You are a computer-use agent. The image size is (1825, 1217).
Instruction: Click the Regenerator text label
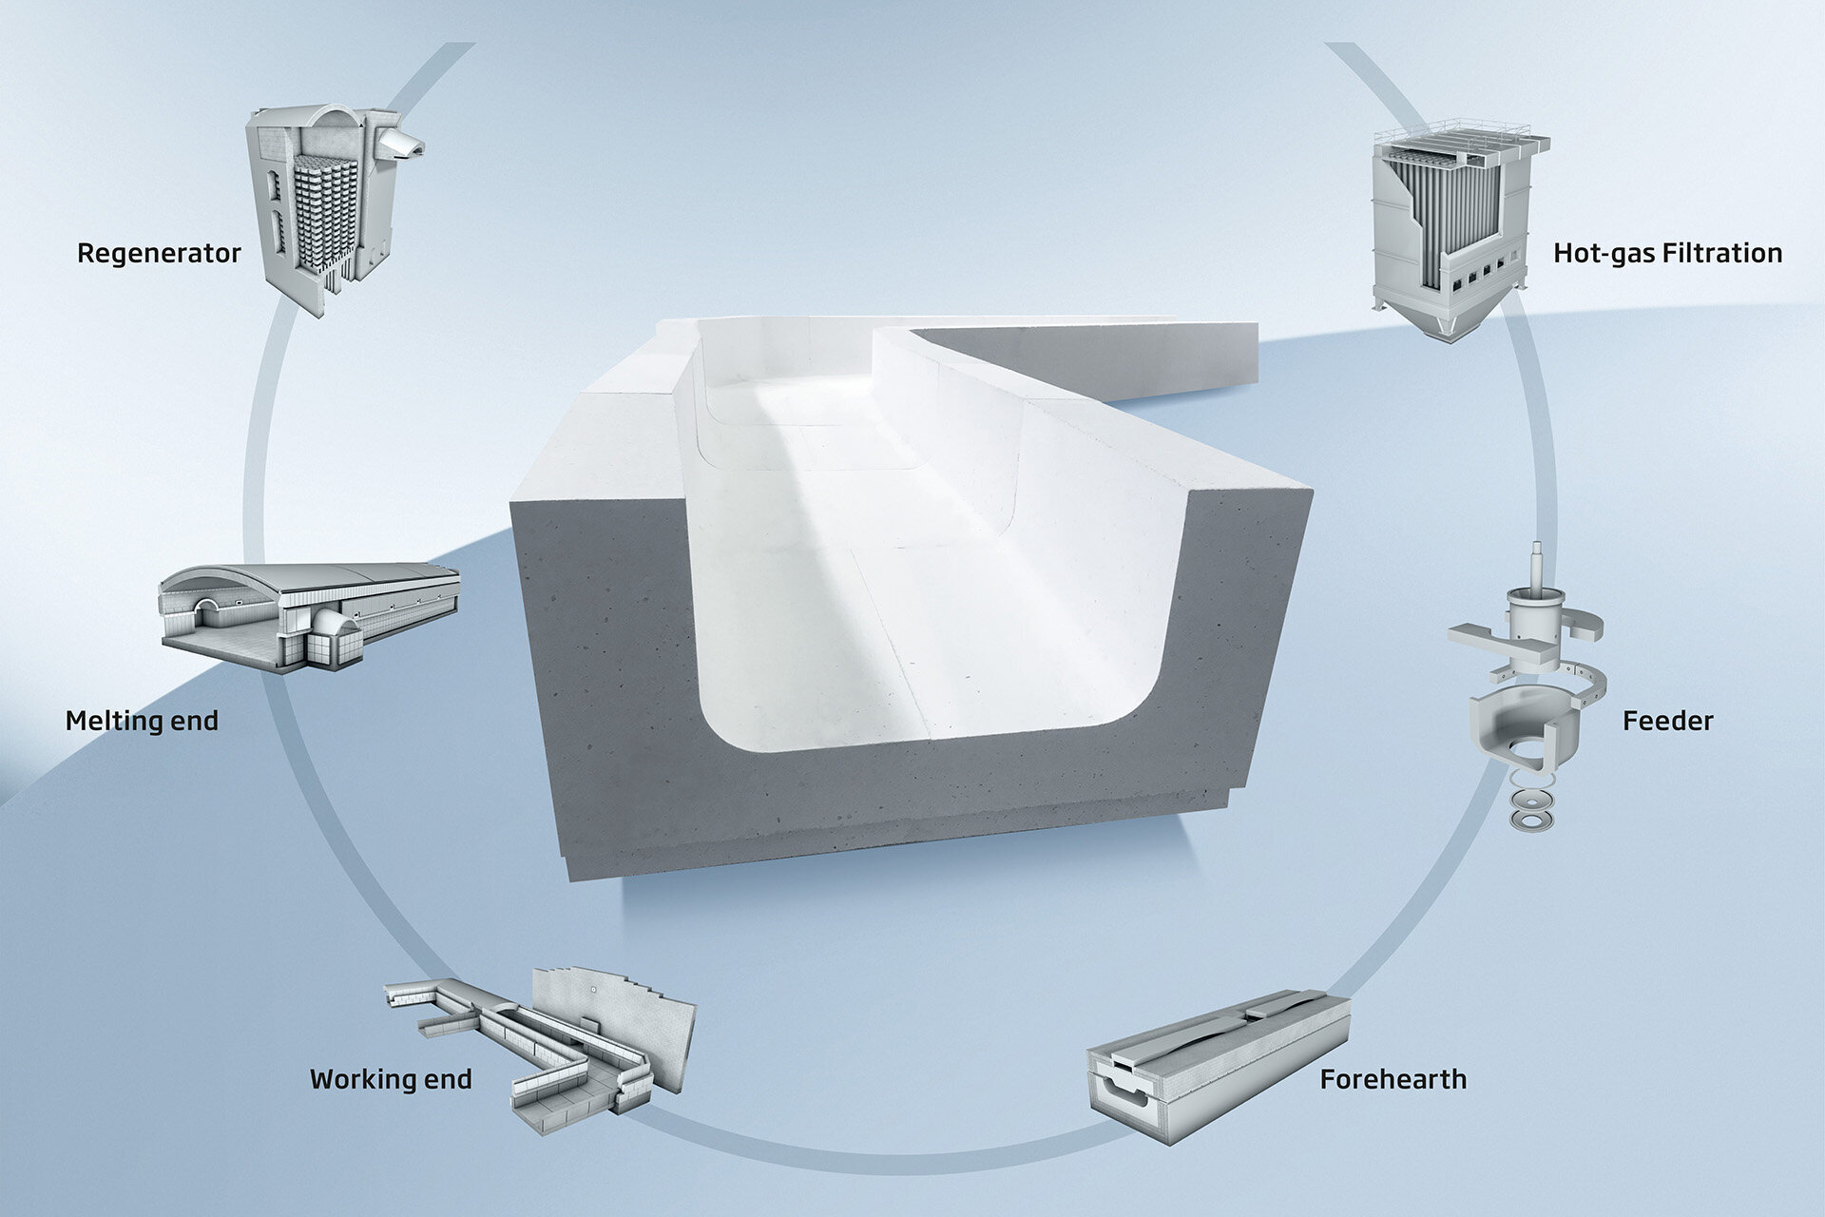tap(159, 254)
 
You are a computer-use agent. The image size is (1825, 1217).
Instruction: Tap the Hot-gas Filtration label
tap(1667, 254)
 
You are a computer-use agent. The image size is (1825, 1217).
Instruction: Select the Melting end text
tap(142, 721)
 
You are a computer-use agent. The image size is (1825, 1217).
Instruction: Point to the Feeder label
tap(1667, 721)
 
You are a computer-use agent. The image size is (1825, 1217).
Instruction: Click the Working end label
tap(391, 1079)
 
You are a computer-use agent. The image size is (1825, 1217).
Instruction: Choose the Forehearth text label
tap(1393, 1079)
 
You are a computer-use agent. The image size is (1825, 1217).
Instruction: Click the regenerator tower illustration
tap(323, 209)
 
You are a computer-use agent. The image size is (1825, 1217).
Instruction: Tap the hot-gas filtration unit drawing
tap(1454, 228)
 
